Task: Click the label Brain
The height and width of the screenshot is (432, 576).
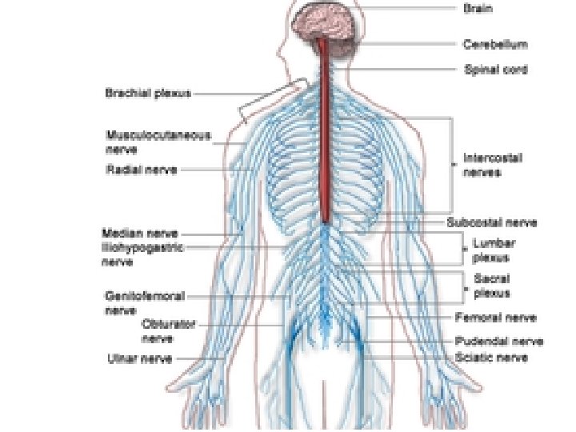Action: click(478, 9)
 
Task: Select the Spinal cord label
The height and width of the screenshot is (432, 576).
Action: click(496, 70)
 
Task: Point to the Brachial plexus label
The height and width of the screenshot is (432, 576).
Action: click(148, 94)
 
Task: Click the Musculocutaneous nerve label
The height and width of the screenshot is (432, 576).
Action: click(158, 142)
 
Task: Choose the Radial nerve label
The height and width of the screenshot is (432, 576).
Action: click(142, 170)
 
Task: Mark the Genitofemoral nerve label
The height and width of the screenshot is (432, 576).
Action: click(145, 302)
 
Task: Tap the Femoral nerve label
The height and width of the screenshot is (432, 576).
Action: click(495, 317)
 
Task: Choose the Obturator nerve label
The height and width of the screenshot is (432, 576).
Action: click(168, 331)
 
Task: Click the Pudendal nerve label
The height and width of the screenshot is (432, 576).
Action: click(499, 342)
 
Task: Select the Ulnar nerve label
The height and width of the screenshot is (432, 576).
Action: click(139, 359)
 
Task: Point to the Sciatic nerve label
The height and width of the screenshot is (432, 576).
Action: click(491, 358)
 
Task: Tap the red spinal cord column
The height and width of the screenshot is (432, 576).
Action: click(326, 136)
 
